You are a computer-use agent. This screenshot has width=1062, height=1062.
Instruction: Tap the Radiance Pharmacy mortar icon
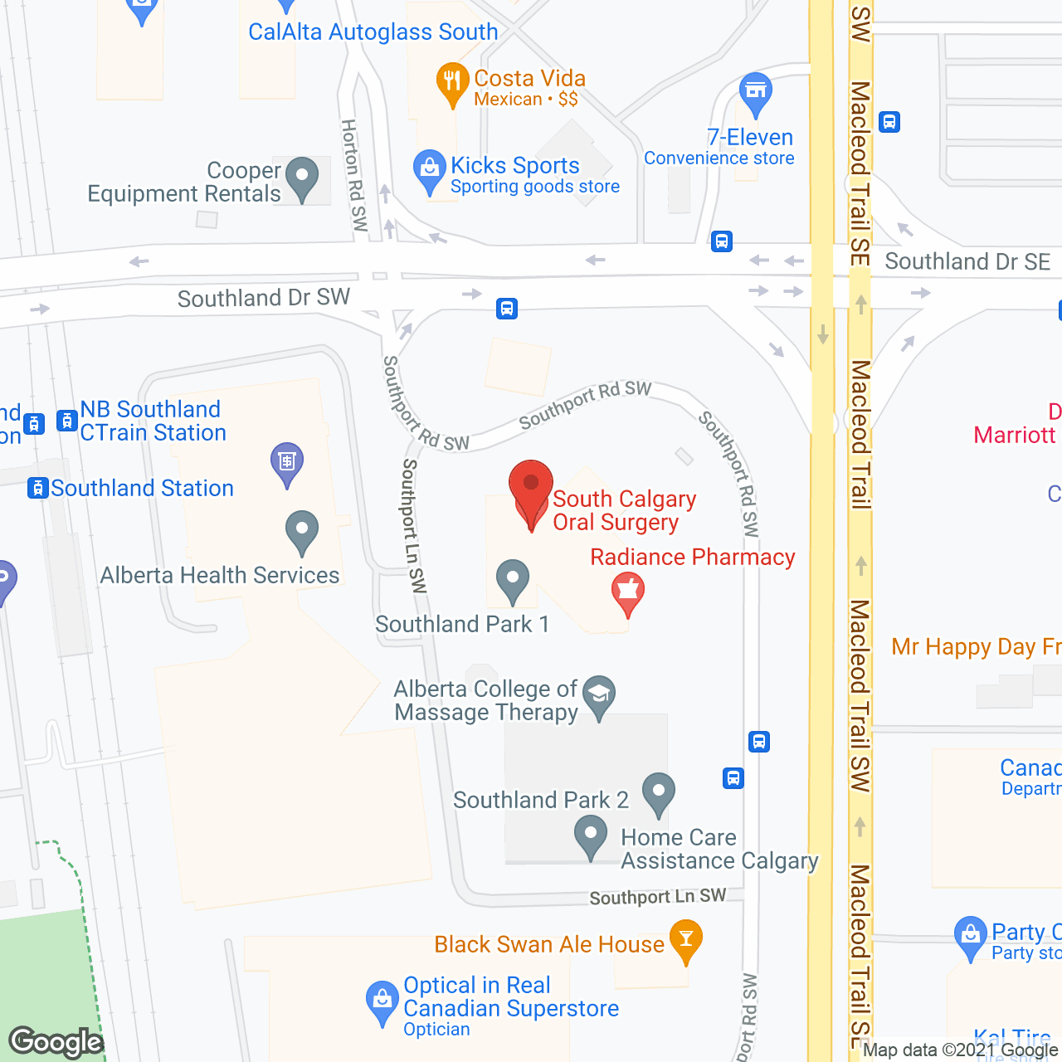click(628, 592)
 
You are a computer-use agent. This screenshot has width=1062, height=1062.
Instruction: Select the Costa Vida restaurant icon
click(451, 82)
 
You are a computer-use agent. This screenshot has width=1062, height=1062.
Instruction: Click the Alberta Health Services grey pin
click(302, 530)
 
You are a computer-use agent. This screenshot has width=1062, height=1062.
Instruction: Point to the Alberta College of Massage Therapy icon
click(598, 694)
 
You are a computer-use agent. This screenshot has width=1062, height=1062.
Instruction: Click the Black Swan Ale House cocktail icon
click(685, 939)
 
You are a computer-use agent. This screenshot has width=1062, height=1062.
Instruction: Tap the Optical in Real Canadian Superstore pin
click(382, 1001)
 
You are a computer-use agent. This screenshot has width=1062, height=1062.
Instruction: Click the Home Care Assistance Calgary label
click(719, 849)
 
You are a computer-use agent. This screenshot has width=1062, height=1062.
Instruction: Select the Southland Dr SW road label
click(264, 298)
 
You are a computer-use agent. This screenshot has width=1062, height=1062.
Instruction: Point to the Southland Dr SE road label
click(967, 262)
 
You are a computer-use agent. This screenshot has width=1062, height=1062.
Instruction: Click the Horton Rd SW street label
click(354, 175)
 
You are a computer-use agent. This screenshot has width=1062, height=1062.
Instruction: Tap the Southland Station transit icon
click(37, 488)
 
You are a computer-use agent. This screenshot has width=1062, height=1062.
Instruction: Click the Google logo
click(56, 1042)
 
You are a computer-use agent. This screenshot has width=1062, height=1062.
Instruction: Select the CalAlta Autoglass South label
click(373, 32)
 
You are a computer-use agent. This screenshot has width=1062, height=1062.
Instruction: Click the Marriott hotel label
click(1014, 435)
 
